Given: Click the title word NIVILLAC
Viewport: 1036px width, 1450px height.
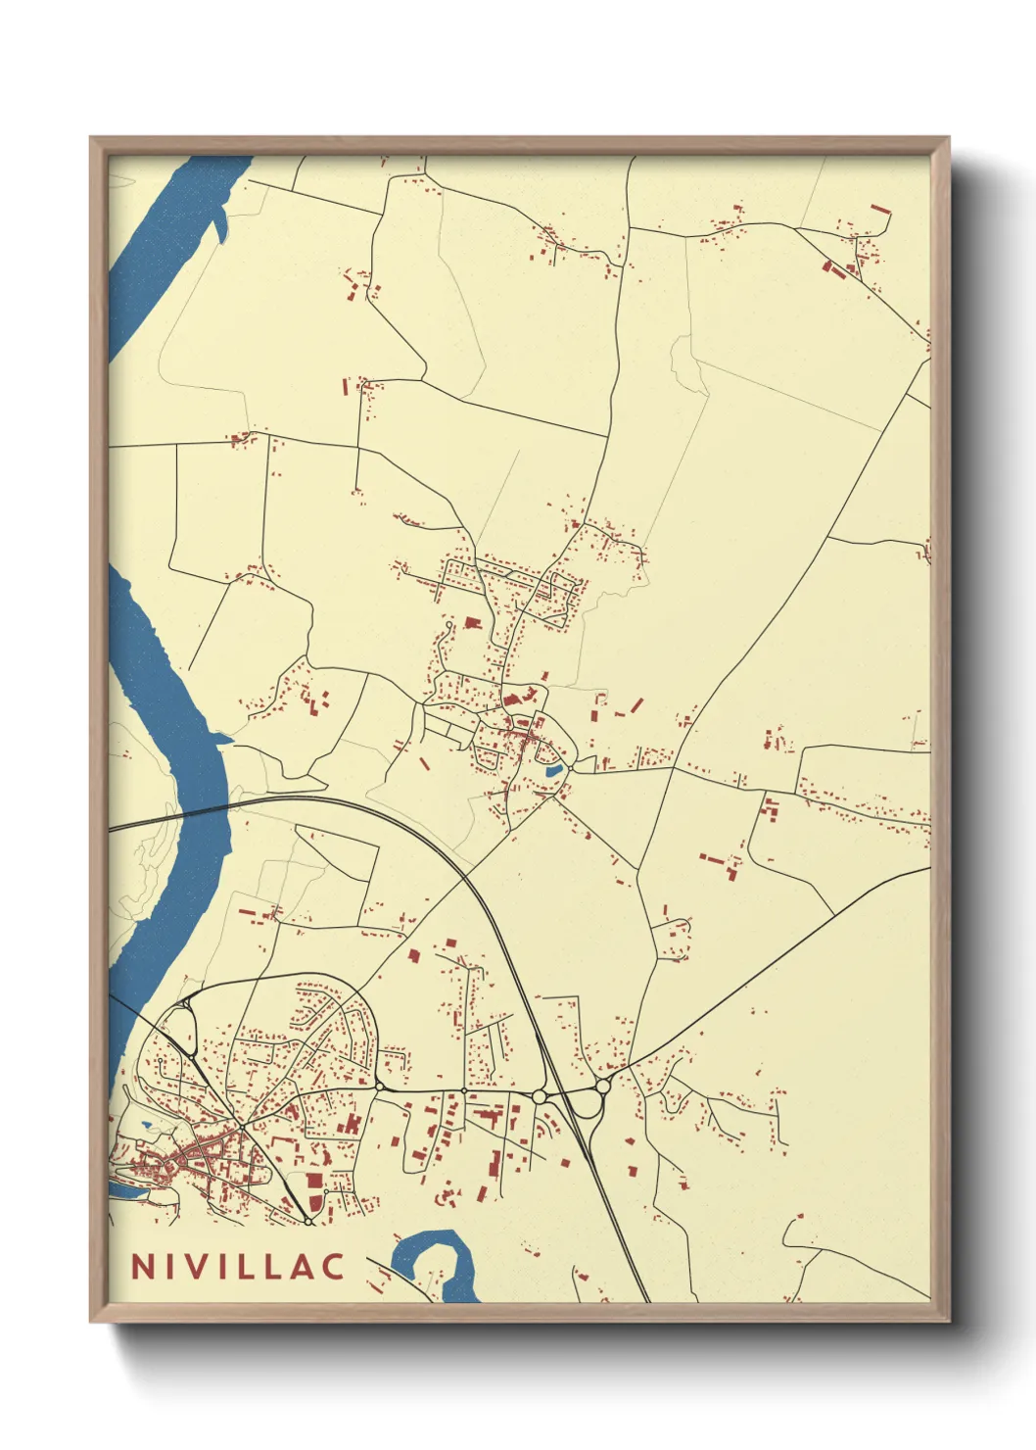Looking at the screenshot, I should pos(238,1266).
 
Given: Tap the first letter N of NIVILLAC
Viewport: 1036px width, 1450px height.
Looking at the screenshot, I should pos(141,1266).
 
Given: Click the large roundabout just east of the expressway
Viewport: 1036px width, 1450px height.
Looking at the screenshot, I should pos(603,1086).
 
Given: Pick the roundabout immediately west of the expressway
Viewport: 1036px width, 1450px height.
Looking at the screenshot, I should pos(539,1096).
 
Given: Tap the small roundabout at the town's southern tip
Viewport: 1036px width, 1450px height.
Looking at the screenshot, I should pos(308,1221).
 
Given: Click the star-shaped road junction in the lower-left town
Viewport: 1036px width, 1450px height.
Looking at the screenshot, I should pos(242,1127).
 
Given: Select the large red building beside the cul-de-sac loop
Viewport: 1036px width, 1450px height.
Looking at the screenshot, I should pos(473,622).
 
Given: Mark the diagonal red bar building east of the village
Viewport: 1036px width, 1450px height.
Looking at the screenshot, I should pos(636,704).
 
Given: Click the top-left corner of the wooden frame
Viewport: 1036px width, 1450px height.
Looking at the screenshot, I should pos(91,138).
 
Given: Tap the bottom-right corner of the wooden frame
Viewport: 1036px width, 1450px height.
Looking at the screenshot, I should pos(948,1321).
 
